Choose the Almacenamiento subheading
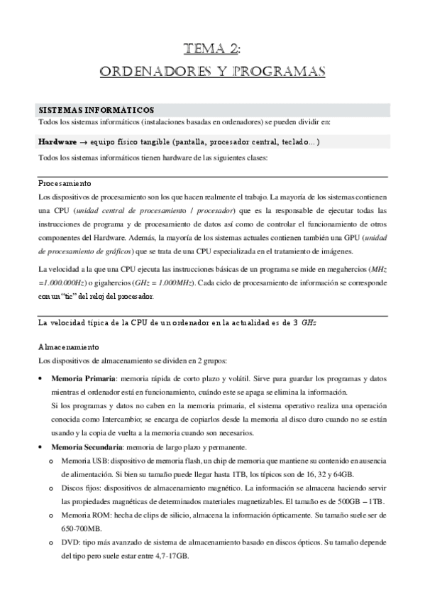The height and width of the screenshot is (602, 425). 68,348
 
